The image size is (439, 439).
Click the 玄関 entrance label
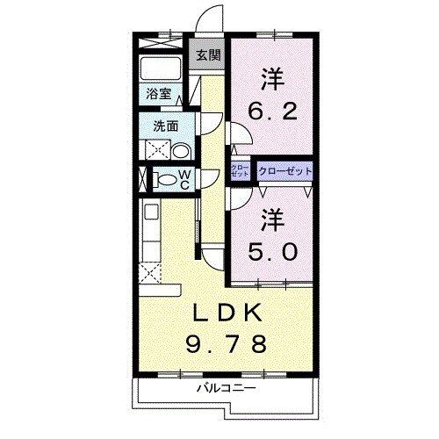tap(208, 55)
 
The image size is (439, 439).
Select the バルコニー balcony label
tap(226, 387)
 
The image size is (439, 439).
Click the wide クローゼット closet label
tap(285, 169)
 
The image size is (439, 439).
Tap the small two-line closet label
tap(239, 169)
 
